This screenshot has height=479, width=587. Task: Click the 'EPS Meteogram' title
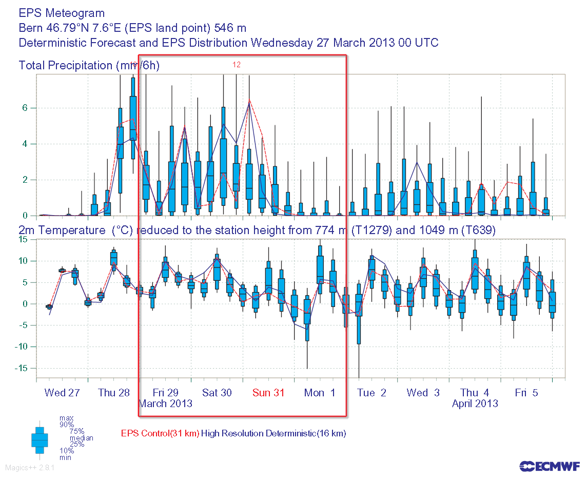point(62,13)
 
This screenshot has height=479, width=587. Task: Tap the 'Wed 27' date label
point(62,393)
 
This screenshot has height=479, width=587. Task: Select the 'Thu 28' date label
point(114,393)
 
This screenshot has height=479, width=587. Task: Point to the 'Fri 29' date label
point(166,393)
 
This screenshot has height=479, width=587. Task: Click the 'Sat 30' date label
point(217,393)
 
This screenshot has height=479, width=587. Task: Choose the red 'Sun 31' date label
point(268,393)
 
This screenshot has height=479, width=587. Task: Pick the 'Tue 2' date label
point(371,393)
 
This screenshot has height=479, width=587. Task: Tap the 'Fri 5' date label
point(526,393)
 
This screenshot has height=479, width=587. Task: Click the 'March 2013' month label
point(166,404)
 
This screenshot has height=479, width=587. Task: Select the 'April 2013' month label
point(475,404)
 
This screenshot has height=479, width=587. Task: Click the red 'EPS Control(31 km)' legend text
point(160,433)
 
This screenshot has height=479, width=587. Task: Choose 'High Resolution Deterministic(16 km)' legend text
point(273,433)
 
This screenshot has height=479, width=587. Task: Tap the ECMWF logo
point(550,466)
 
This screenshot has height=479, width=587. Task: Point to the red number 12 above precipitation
point(237,65)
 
